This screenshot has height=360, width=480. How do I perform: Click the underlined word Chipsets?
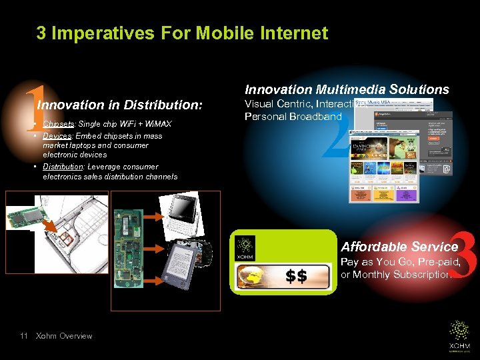[58, 124]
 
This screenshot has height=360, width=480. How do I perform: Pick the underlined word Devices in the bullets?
[57, 136]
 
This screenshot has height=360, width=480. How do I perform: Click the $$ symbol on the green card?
[296, 276]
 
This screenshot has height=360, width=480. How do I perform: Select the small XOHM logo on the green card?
[246, 248]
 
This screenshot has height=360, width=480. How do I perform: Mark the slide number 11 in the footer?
[24, 336]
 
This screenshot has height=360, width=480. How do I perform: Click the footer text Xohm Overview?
[64, 336]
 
